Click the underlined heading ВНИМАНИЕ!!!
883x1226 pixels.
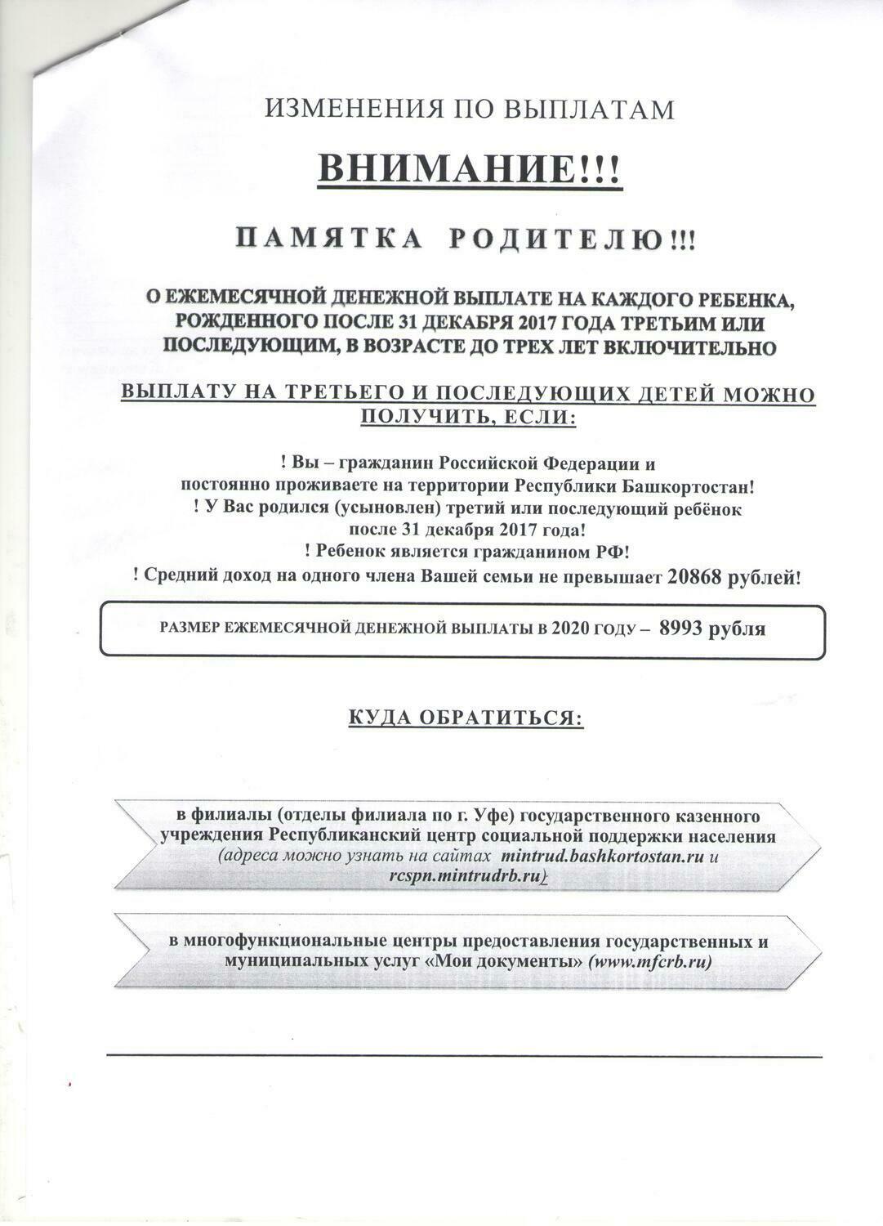[469, 170]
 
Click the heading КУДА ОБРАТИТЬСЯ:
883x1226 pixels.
[466, 718]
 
